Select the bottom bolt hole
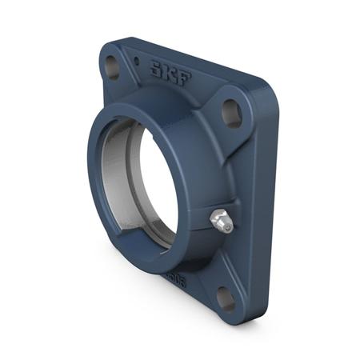pyautogui.click(x=226, y=299)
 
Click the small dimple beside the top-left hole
pyautogui.click(x=136, y=60)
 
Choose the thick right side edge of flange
pyautogui.click(x=264, y=200)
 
